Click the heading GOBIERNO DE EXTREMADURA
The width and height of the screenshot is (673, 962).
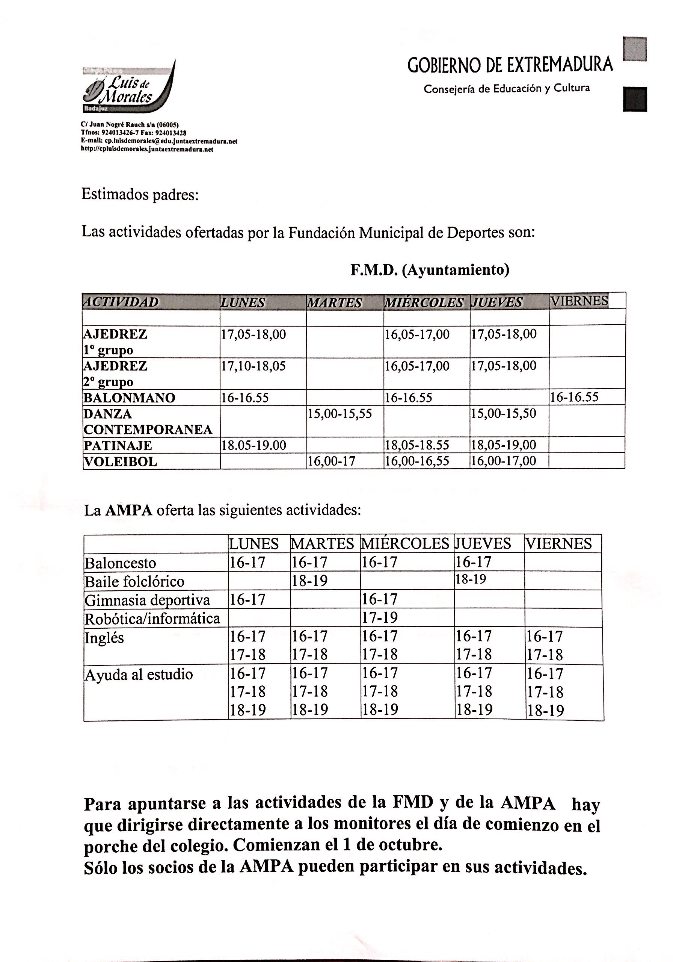tap(510, 65)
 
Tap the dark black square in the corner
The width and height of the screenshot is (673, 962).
tap(634, 99)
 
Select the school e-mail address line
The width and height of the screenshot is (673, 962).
tap(159, 141)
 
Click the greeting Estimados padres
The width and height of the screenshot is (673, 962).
tap(139, 195)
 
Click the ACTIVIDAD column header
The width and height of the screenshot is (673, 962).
tap(121, 302)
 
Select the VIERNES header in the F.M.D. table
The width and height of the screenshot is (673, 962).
tap(579, 301)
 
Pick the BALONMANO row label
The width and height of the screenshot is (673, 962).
tap(130, 398)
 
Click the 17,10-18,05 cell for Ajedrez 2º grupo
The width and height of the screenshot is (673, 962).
tap(254, 366)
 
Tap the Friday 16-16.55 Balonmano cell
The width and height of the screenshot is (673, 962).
tap(574, 397)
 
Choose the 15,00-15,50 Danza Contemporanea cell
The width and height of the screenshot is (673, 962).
tap(503, 413)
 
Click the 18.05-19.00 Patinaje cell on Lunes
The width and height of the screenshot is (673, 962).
tap(254, 445)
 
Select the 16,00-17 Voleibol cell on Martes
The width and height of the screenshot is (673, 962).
tap(331, 461)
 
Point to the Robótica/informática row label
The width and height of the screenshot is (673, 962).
tap(152, 619)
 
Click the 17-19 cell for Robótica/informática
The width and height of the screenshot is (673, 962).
tap(380, 617)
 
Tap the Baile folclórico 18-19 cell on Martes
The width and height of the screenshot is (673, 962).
tap(309, 581)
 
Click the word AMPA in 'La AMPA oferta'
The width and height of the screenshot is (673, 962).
tap(128, 511)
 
